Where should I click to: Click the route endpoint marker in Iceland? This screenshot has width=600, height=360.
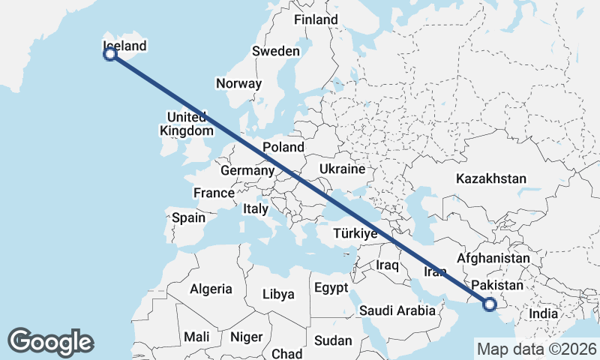pos(110,54)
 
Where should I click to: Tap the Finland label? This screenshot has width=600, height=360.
pos(316,19)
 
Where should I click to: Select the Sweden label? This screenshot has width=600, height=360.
pos(275,51)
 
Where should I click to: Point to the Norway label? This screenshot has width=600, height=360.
pos(238,84)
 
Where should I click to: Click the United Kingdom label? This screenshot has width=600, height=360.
pos(187,124)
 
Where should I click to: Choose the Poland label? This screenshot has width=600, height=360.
pos(283,147)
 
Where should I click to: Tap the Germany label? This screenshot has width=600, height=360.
pos(247,171)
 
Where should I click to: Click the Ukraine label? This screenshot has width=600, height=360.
pos(341,169)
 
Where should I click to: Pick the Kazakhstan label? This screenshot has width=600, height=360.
pos(491,179)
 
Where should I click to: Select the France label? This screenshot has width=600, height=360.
pos(214,193)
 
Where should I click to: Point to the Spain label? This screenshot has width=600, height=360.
pos(188,217)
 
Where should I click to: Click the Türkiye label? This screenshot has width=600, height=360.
pos(354,234)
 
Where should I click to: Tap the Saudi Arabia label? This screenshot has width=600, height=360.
pos(397,310)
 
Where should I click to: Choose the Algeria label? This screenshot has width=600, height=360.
pos(211,289)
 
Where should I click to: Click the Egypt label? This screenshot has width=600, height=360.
pos(331,288)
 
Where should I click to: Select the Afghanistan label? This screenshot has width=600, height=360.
pos(493,258)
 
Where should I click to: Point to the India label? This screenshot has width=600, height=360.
pos(544,313)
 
